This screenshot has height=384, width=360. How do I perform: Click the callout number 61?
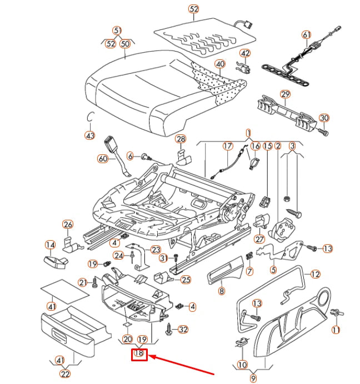[307, 35]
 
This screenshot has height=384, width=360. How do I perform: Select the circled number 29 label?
[285, 94]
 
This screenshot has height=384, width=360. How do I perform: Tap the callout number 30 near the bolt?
[324, 118]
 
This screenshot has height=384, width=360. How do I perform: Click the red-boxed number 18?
[139, 353]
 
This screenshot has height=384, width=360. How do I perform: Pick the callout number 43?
[90, 135]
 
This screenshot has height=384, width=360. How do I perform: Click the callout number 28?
[181, 138]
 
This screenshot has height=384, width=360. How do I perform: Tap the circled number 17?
[227, 146]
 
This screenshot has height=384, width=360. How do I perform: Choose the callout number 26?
[68, 225]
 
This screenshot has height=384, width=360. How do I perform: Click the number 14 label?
[50, 245]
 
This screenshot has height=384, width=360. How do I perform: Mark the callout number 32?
[183, 330]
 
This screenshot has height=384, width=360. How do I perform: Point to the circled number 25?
[186, 280]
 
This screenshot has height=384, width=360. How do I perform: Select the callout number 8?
[221, 291]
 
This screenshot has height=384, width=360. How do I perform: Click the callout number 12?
[315, 274]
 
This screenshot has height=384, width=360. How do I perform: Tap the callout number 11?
[336, 330]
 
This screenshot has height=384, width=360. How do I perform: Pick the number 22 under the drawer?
[66, 373]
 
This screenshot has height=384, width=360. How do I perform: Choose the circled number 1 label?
[248, 133]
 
